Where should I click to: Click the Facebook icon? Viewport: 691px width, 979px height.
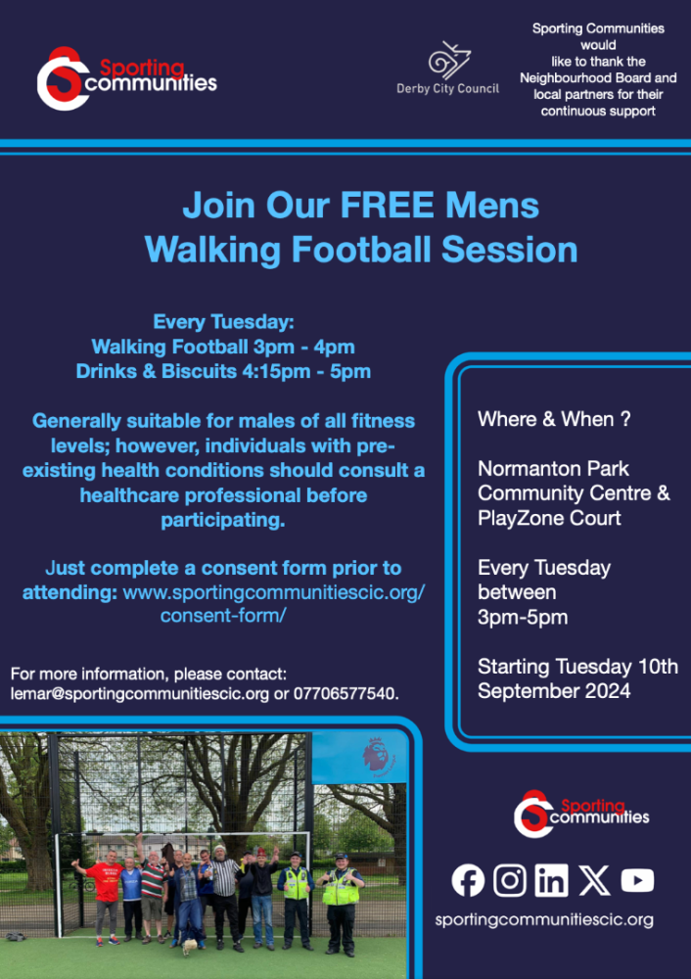point(468,880)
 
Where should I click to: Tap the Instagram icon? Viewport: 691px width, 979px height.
point(510,880)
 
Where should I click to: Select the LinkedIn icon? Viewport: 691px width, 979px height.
point(552,880)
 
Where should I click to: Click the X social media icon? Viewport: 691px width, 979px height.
point(594,880)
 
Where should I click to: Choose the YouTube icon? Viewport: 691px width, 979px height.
point(637,880)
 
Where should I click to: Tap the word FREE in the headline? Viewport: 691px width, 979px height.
point(388,205)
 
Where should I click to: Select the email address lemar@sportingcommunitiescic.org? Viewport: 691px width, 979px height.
point(140,694)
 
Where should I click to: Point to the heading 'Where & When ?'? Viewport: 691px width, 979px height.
point(554,419)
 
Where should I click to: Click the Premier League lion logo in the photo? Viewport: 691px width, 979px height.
point(376,757)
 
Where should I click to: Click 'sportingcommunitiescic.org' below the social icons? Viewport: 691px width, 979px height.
point(544,919)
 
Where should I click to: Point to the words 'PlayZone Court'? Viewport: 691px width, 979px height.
point(549,518)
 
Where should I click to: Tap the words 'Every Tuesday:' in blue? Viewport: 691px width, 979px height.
point(223,322)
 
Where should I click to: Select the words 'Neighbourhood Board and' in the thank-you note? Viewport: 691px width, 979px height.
point(598,78)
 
